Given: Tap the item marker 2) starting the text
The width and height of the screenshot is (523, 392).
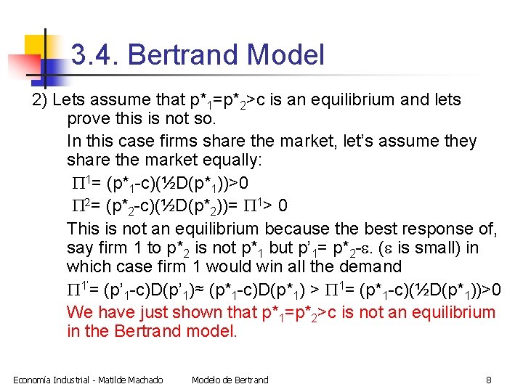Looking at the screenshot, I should pyautogui.click(x=40, y=99).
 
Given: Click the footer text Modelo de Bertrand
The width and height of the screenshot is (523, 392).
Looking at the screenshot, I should pyautogui.click(x=230, y=380).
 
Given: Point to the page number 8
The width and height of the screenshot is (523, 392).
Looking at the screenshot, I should pyautogui.click(x=489, y=380).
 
